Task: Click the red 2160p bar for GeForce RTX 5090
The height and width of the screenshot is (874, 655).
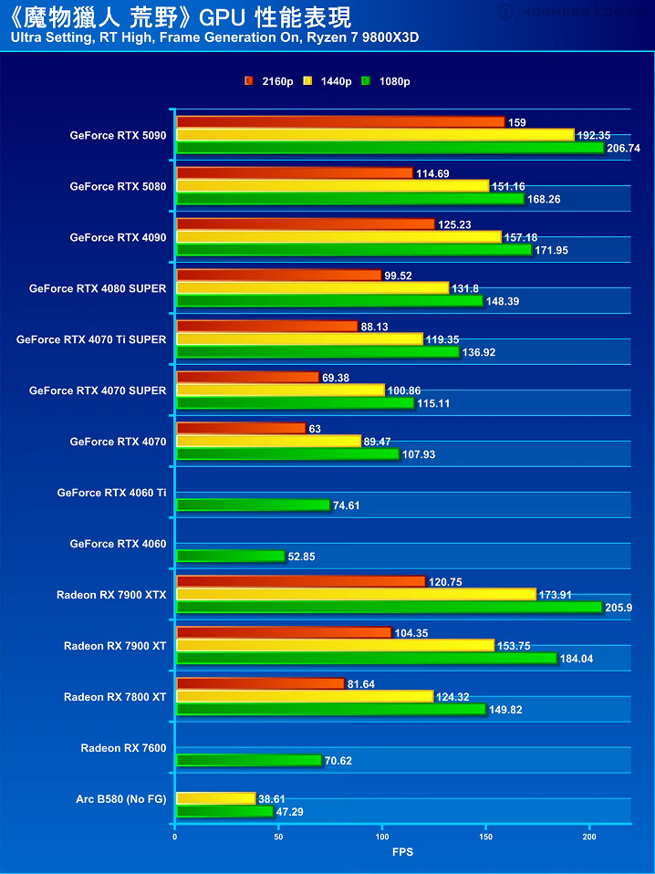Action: (339, 122)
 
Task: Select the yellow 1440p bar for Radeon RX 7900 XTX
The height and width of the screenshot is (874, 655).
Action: (356, 594)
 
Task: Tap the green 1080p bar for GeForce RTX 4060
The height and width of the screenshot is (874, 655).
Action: (230, 556)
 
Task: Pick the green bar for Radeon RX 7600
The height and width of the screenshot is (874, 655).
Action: (248, 760)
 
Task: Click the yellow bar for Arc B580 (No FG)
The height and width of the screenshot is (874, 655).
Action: (215, 798)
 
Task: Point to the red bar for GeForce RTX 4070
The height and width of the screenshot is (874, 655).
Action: (241, 428)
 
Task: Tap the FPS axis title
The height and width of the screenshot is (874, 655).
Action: (402, 851)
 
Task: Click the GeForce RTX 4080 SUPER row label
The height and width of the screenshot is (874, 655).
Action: (98, 288)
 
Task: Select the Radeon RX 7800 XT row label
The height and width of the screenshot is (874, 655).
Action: (115, 697)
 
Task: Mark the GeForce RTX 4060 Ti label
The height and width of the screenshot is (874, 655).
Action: (111, 493)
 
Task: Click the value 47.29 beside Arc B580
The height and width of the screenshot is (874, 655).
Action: (291, 811)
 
